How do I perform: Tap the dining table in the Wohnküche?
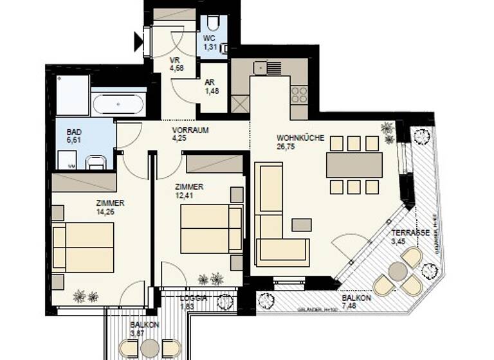click(354, 165)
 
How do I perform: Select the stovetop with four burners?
click(299, 94)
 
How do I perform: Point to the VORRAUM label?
click(191, 129)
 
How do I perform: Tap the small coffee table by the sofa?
click(301, 224)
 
